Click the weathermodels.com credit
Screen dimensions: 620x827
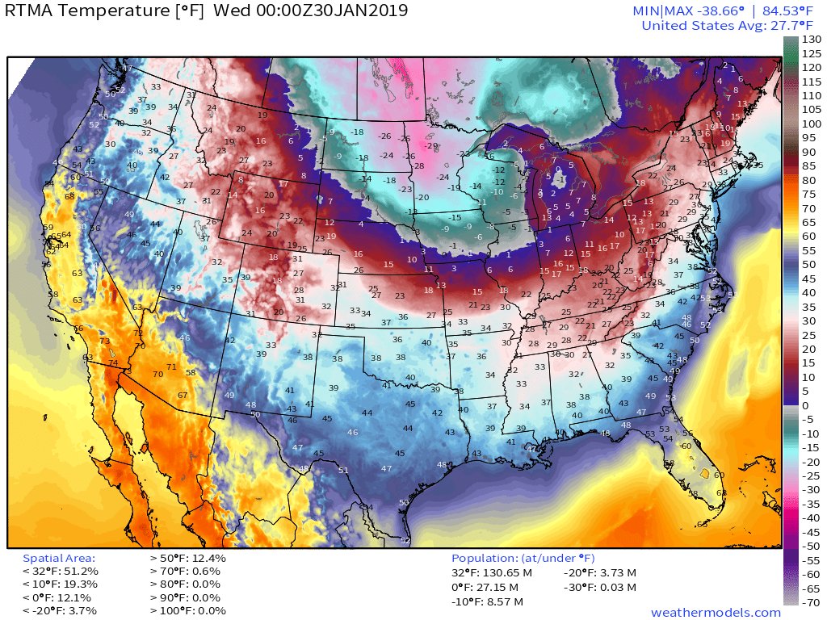point(716,612)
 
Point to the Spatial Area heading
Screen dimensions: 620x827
point(59,558)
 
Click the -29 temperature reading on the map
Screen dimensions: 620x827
point(431,145)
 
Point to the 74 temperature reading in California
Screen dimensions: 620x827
point(113,363)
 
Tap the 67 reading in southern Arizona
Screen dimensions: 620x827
point(183,395)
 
